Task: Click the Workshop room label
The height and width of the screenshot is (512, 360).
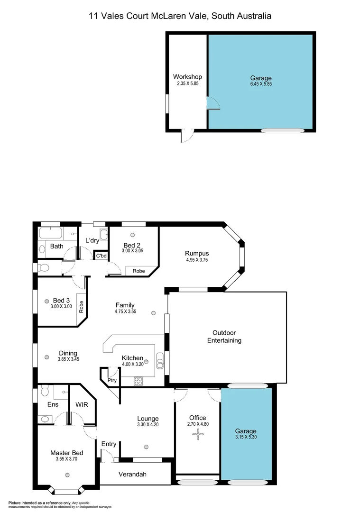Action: pyautogui.click(x=187, y=77)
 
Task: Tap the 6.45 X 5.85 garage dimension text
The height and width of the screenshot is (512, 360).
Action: pyautogui.click(x=261, y=84)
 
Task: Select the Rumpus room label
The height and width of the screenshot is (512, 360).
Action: pyautogui.click(x=197, y=253)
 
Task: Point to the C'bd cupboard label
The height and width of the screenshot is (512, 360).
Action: pyautogui.click(x=101, y=256)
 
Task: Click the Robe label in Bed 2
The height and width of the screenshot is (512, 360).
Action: pyautogui.click(x=138, y=271)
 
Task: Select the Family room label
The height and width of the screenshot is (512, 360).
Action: pyautogui.click(x=125, y=305)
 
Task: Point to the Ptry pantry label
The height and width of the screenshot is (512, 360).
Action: pyautogui.click(x=112, y=380)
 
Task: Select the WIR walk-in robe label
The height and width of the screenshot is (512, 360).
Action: pyautogui.click(x=82, y=405)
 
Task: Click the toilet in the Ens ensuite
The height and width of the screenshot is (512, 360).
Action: pyautogui.click(x=45, y=391)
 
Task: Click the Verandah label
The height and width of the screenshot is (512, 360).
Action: pyautogui.click(x=132, y=474)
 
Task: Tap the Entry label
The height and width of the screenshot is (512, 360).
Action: pyautogui.click(x=109, y=444)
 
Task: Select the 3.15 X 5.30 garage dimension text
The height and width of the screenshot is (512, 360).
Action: pyautogui.click(x=247, y=438)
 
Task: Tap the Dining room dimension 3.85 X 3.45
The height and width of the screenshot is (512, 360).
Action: pyautogui.click(x=68, y=359)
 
